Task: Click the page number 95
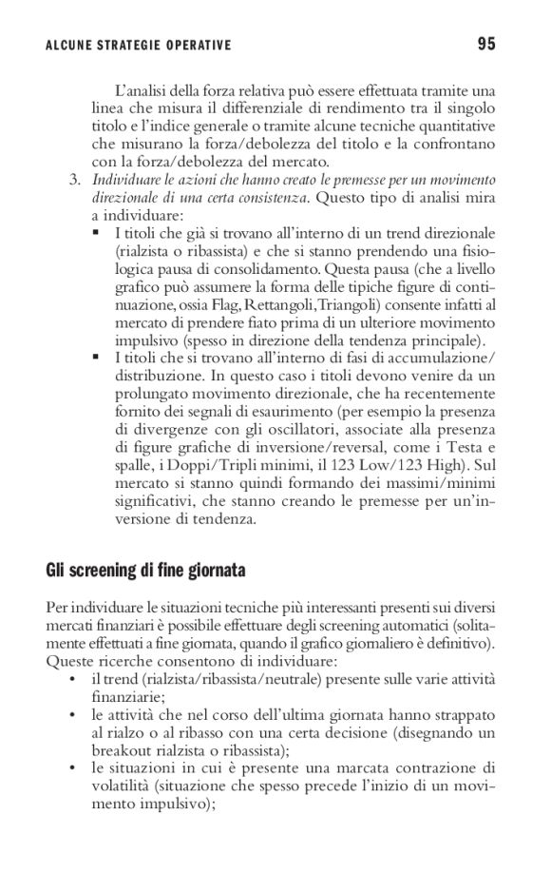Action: click(486, 43)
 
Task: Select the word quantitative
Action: click(454, 126)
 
